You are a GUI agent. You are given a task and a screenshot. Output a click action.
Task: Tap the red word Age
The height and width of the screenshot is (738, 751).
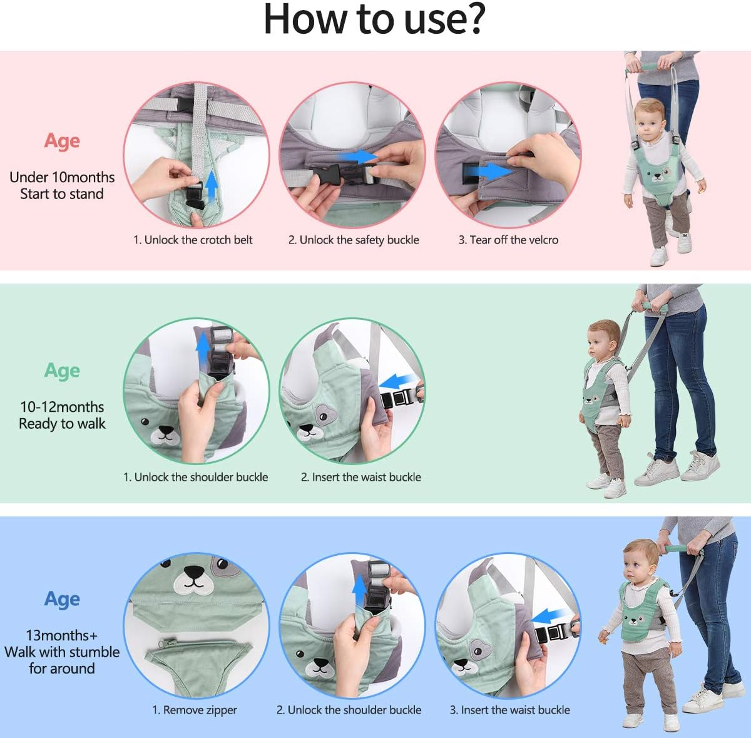(x=62, y=141)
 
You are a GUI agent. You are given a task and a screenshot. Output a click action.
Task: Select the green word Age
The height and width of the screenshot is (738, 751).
(x=62, y=371)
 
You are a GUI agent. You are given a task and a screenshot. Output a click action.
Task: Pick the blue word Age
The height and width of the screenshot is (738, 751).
(x=62, y=599)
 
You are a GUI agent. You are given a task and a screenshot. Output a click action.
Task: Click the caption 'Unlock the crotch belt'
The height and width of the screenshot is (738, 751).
(x=198, y=240)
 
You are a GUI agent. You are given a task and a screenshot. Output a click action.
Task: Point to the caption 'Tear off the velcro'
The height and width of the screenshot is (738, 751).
(x=514, y=240)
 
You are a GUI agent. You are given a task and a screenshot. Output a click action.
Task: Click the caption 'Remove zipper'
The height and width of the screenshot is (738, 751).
(x=200, y=710)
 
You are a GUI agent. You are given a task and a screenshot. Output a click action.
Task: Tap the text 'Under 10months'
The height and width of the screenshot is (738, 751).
(x=62, y=177)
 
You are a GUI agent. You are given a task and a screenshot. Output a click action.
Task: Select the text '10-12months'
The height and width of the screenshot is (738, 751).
(x=62, y=407)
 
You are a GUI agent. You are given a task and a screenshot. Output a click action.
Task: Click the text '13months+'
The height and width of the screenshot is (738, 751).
(x=61, y=635)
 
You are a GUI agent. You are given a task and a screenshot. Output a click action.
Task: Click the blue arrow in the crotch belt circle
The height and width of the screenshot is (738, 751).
(x=212, y=185)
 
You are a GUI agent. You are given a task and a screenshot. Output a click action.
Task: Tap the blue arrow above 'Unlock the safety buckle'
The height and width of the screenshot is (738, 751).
(x=358, y=156)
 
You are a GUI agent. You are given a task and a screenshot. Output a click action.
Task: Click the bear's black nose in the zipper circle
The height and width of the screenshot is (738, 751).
(x=193, y=572)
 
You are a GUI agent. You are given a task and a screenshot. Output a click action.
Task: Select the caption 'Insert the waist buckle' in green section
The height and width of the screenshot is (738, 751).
(x=366, y=477)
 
